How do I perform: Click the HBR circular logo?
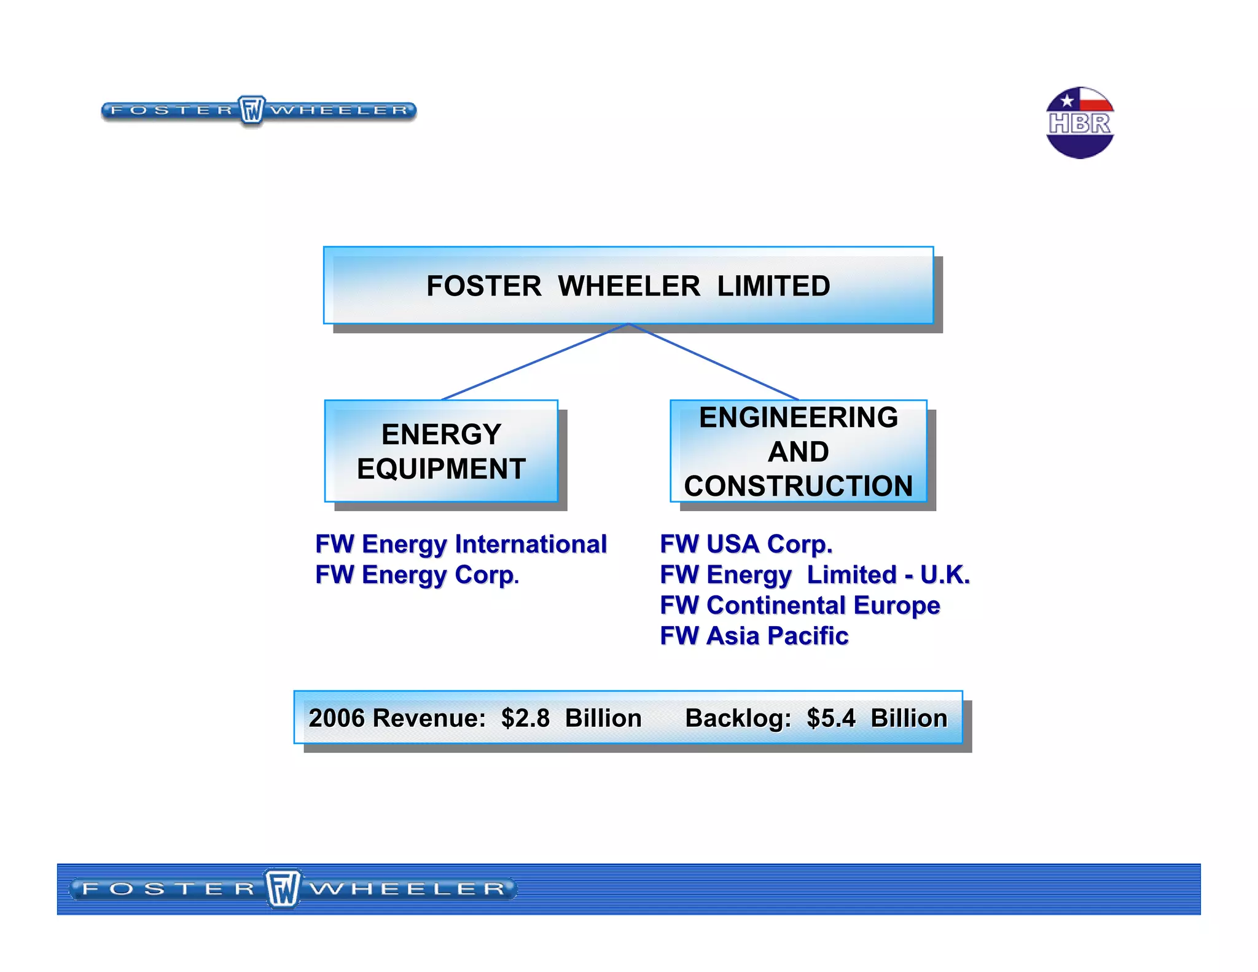(x=1079, y=123)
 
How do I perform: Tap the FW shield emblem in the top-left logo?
(x=251, y=111)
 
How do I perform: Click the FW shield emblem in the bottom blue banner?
(x=283, y=888)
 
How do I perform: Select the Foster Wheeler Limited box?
(x=628, y=285)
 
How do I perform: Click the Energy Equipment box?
(x=441, y=451)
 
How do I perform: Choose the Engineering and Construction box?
(x=798, y=451)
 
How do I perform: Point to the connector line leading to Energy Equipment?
(x=534, y=362)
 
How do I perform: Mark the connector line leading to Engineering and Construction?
(x=713, y=362)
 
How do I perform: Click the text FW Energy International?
(x=461, y=544)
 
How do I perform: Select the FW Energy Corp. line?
(x=417, y=575)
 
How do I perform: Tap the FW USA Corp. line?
(x=746, y=544)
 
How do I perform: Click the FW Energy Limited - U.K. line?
(x=815, y=575)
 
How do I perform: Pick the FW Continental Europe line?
(x=800, y=606)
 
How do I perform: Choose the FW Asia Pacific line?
(x=754, y=636)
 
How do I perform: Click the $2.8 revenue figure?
(x=525, y=718)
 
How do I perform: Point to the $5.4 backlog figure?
(x=830, y=718)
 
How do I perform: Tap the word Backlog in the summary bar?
(x=737, y=718)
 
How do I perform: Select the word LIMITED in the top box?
(x=773, y=286)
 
